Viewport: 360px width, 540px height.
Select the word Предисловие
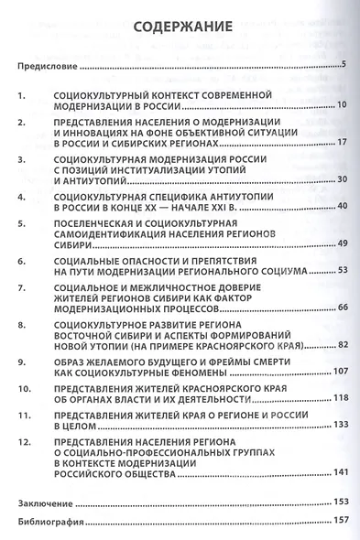[x=48, y=68]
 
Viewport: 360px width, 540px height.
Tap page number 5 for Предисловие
[x=341, y=65]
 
